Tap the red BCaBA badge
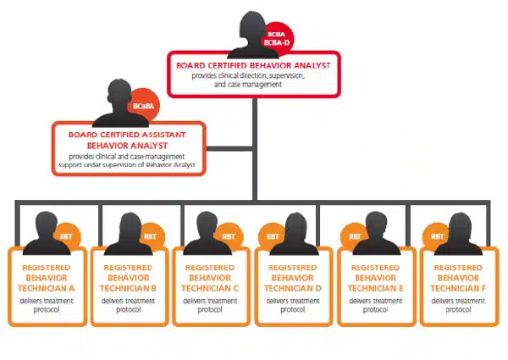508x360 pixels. pos(141,108)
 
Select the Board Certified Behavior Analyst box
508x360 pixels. pos(253,75)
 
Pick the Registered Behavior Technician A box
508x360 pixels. pos(46,286)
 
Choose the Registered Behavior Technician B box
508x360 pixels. pos(128,286)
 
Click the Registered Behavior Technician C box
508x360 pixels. pos(211,286)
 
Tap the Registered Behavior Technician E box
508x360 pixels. pos(376,286)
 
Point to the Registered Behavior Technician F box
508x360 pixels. pos(458,286)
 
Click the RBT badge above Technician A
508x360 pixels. pos(67,236)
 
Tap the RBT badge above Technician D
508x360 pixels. pos(273,236)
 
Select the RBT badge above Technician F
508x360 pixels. pos(438,236)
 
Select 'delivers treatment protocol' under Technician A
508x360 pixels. pos(46,305)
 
